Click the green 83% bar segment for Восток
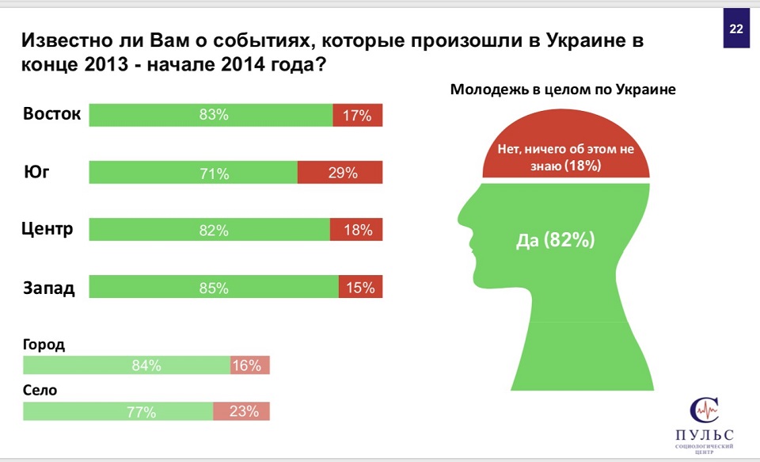point(211,115)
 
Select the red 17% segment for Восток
point(357,115)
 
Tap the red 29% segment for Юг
point(340,172)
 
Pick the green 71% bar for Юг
point(193,172)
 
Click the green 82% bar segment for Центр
point(209,230)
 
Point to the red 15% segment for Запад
point(360,287)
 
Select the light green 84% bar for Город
point(127,365)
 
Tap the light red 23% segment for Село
point(241,411)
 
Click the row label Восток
point(52,113)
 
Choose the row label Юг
point(37,170)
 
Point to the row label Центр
point(48,230)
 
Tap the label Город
point(44,346)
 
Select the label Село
point(40,391)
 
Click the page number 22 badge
point(735,29)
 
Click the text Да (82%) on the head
point(566,240)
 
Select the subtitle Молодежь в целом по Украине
point(563,90)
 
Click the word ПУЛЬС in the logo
point(704,435)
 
